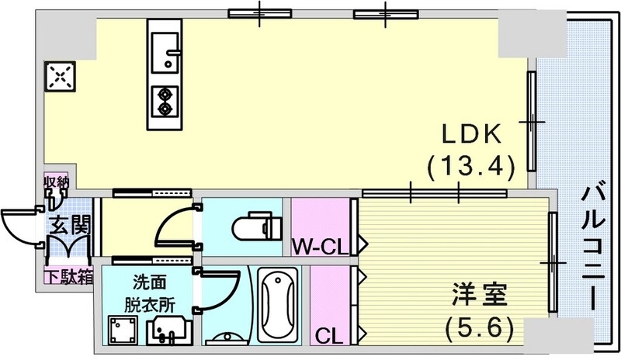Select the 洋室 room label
[x=480, y=296]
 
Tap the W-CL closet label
[x=319, y=247]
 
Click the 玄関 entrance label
[x=69, y=227]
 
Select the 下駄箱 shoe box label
[x=68, y=275]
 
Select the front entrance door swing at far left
[x=19, y=226]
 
